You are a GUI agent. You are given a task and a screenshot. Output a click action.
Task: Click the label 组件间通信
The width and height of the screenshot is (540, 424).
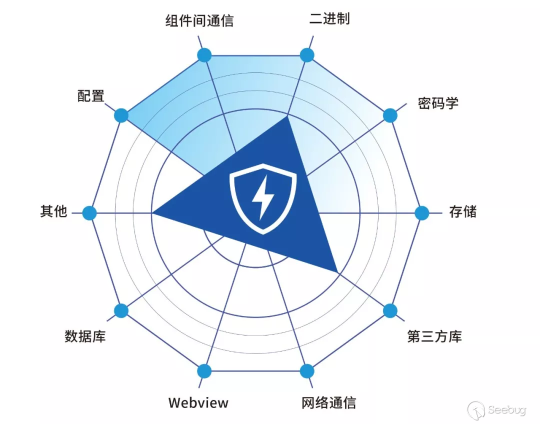click(199, 21)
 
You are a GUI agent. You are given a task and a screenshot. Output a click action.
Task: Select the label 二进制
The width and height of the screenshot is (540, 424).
click(329, 19)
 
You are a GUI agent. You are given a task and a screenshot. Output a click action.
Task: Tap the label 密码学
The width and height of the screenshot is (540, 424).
click(438, 103)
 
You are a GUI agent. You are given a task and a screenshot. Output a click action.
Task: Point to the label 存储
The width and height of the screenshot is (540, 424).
click(462, 211)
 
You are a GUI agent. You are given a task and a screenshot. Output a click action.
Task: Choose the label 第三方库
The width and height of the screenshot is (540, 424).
click(434, 336)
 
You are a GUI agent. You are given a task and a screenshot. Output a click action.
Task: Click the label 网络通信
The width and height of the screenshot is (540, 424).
click(329, 402)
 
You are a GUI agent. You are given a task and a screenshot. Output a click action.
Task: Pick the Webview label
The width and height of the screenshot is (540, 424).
click(198, 402)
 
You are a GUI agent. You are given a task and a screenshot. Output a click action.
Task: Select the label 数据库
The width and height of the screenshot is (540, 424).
click(85, 336)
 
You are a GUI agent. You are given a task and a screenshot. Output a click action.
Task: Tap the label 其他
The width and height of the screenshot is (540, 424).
click(53, 211)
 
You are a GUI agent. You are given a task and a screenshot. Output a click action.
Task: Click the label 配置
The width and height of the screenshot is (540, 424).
click(90, 95)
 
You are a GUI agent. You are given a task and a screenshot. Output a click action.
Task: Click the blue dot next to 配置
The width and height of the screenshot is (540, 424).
click(121, 115)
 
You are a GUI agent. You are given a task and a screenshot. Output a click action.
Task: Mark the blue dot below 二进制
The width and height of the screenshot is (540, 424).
click(306, 55)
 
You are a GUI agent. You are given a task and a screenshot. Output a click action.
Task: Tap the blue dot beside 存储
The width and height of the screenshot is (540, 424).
click(422, 213)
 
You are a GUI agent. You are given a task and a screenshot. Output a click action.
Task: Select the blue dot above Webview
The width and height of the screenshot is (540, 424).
click(204, 371)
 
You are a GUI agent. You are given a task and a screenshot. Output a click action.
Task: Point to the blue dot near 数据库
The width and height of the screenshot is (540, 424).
click(121, 310)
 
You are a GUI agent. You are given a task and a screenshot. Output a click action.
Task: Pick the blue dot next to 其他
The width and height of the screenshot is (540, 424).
click(89, 213)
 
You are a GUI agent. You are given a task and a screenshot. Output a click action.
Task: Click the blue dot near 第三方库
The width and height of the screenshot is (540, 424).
click(390, 310)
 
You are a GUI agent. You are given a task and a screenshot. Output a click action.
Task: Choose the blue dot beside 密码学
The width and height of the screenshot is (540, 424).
click(390, 115)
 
